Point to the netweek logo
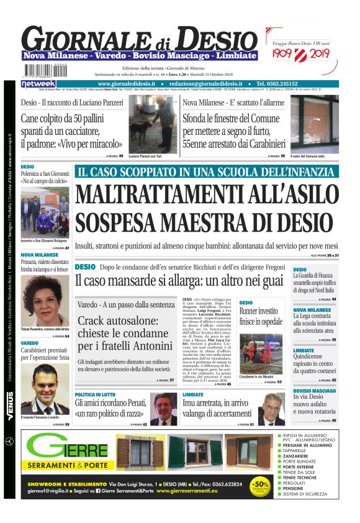38,83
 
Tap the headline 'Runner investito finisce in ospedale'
261,316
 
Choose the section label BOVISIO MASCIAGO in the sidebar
315,391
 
